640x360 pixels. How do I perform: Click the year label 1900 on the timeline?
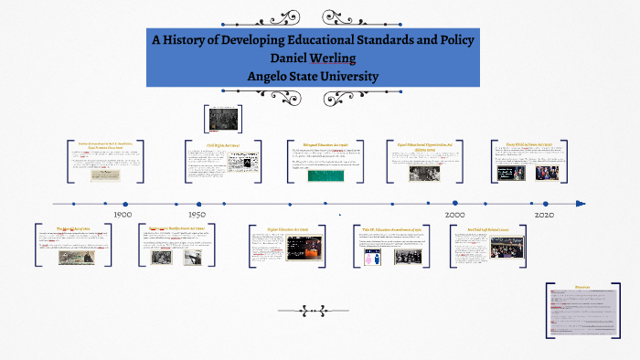123,215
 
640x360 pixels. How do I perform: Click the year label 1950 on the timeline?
196,215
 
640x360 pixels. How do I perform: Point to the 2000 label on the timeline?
455,215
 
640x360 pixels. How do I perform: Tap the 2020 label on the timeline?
545,215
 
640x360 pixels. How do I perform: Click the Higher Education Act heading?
283,228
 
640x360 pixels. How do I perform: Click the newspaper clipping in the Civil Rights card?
242,162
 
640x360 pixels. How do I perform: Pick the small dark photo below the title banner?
222,120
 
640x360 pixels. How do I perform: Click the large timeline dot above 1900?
125,204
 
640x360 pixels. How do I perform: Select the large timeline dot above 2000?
454,204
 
